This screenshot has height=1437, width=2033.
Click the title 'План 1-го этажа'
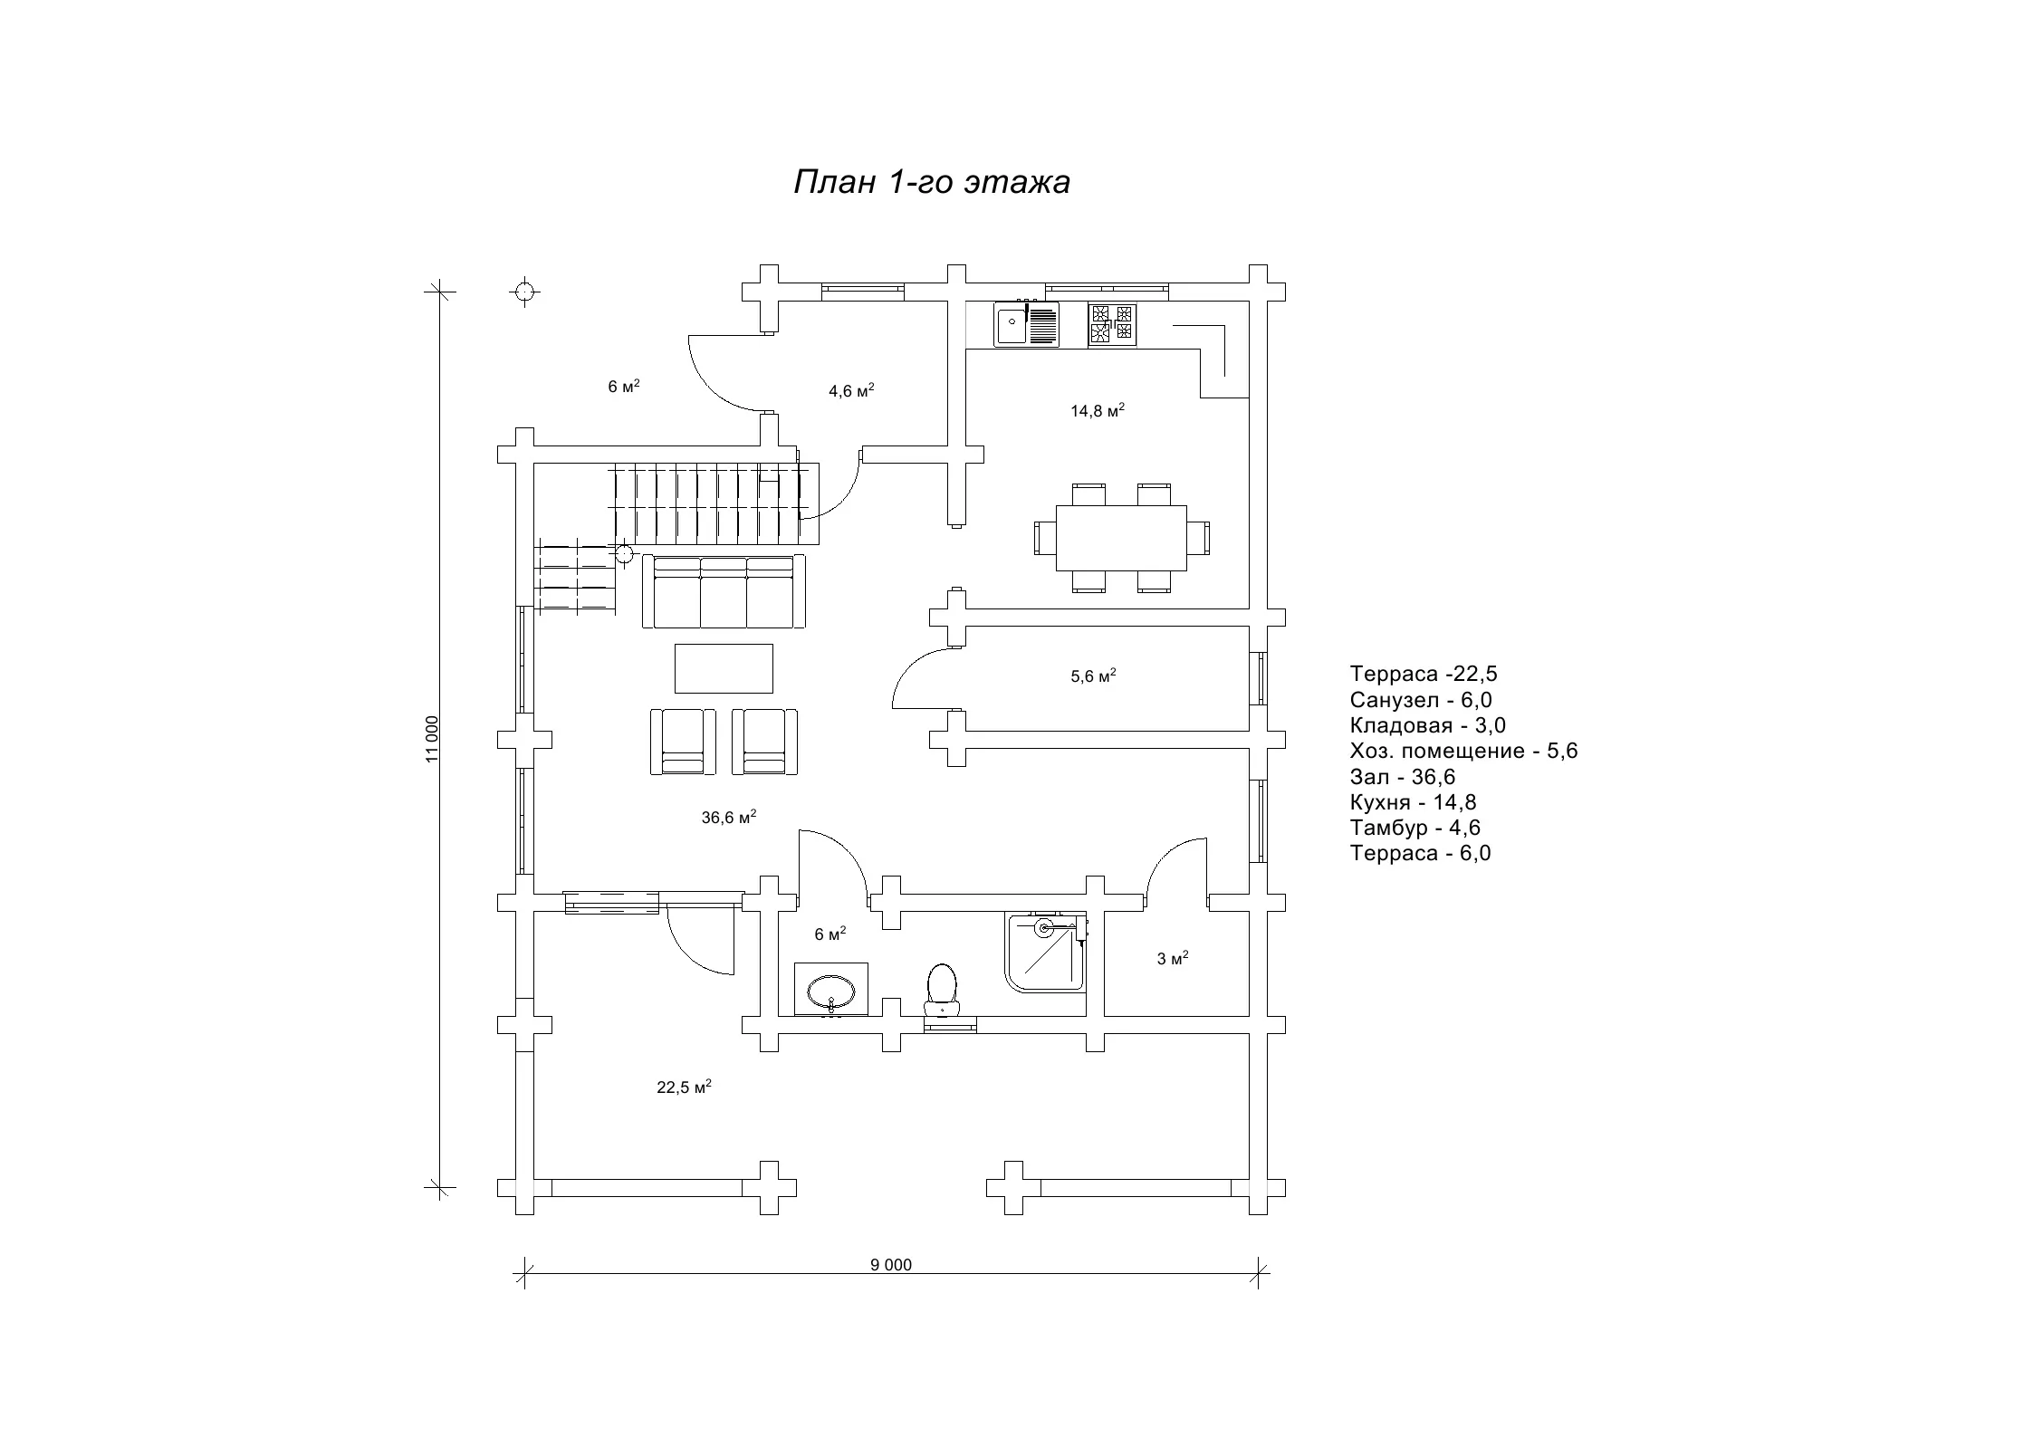click(x=932, y=182)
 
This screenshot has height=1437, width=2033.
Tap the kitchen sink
click(x=1026, y=324)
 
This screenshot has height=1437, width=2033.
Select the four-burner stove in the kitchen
click(x=1111, y=325)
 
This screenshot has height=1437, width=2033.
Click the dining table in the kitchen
click(x=1121, y=538)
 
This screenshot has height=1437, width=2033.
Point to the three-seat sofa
click(x=724, y=592)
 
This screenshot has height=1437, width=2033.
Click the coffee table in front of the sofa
click(x=724, y=668)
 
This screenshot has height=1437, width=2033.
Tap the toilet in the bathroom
click(x=942, y=989)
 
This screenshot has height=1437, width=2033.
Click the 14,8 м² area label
click(x=1098, y=410)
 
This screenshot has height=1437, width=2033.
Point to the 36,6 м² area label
click(x=729, y=817)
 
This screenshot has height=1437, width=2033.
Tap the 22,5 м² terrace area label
click(x=684, y=1087)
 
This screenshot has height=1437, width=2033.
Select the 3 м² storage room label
click(x=1173, y=958)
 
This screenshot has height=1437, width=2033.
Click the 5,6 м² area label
click(x=1093, y=675)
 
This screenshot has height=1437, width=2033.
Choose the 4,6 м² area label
click(x=851, y=391)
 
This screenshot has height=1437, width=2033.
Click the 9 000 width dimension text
click(x=891, y=1265)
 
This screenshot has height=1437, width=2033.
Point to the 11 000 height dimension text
click(x=432, y=739)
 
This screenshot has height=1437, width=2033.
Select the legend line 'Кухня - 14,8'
click(x=1413, y=802)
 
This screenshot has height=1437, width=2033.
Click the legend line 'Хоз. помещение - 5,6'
click(x=1463, y=751)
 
